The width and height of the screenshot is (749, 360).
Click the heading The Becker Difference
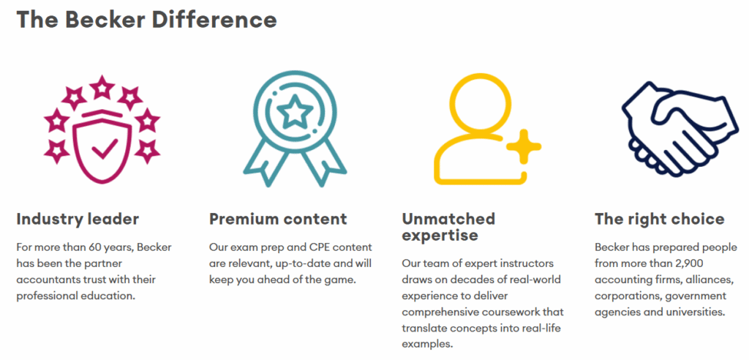pos(146,20)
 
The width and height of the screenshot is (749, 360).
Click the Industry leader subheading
pos(78,219)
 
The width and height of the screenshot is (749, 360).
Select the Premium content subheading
pos(278,219)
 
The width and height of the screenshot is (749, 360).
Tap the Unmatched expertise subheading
pos(448,227)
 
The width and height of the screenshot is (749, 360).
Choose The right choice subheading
pos(660,219)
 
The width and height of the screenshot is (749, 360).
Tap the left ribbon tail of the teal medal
pos(263,162)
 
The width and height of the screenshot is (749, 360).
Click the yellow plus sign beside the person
pos(524,147)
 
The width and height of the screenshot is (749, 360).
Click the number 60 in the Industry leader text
pos(96,247)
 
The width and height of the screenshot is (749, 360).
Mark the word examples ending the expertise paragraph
pos(427,344)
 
